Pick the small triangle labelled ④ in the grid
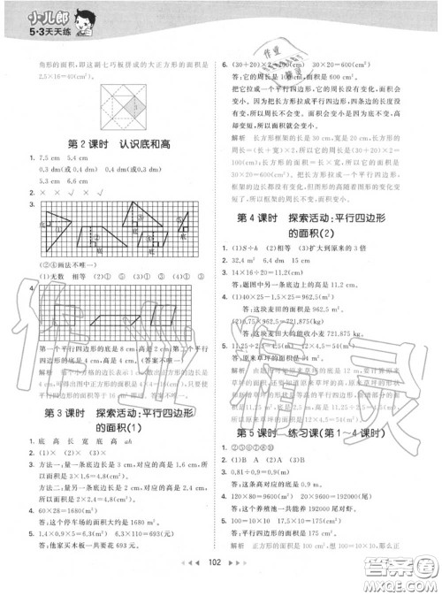click(185, 225)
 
